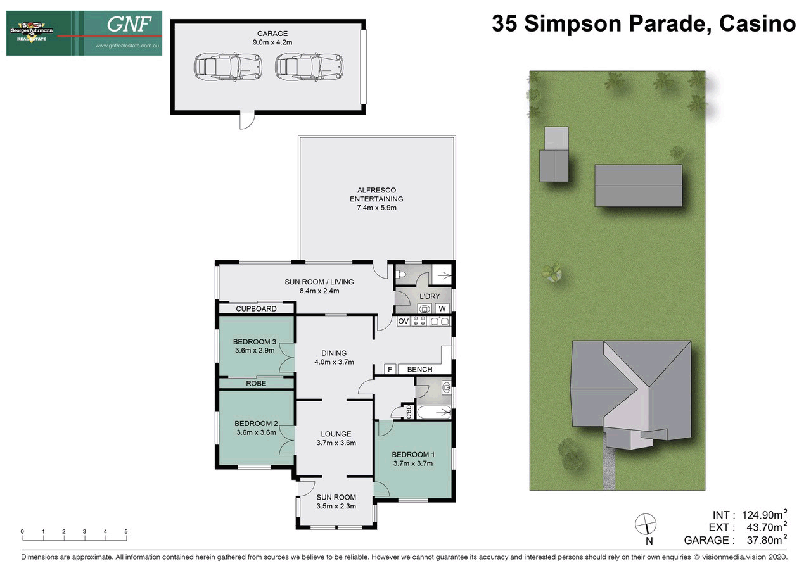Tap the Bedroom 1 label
pos(412,455)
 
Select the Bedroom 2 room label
pos(256,424)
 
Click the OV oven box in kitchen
pos(403,322)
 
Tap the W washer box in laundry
pos(443,308)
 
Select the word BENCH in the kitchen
pos(419,370)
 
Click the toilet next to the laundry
pos(400,275)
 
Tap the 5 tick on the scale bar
pos(126,532)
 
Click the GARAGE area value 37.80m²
pos(763,540)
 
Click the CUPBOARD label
pos(256,309)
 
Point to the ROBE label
pos(256,384)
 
